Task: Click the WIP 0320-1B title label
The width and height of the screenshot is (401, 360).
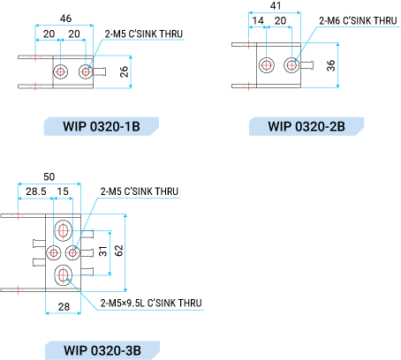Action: click(102, 126)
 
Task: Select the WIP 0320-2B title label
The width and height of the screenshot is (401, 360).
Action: click(306, 126)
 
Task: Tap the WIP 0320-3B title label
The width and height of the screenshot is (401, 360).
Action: click(102, 350)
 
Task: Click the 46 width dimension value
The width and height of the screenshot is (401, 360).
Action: click(65, 19)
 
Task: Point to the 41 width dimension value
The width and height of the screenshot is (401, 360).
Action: click(276, 5)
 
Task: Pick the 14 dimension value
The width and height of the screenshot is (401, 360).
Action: click(258, 20)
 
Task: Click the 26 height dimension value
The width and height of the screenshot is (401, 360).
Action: click(125, 71)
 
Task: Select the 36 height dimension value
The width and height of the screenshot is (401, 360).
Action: click(331, 65)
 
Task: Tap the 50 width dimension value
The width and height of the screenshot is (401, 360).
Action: click(49, 176)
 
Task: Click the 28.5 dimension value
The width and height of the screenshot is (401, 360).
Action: click(36, 191)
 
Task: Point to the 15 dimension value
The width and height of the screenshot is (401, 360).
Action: click(63, 191)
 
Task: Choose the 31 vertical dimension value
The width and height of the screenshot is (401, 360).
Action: click(102, 251)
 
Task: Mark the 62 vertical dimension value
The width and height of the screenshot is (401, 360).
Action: click(118, 251)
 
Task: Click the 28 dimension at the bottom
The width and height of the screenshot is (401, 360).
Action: click(64, 307)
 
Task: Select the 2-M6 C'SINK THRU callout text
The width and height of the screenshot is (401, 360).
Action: click(358, 21)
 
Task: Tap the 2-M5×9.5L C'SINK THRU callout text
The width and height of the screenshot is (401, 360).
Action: click(151, 303)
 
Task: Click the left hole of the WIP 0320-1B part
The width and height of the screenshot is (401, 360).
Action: click(61, 71)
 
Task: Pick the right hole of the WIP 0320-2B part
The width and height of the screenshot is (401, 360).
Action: click(291, 65)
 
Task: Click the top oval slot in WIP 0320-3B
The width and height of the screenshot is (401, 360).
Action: click(63, 230)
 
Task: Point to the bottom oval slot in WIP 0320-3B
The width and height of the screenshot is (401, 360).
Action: click(63, 275)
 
